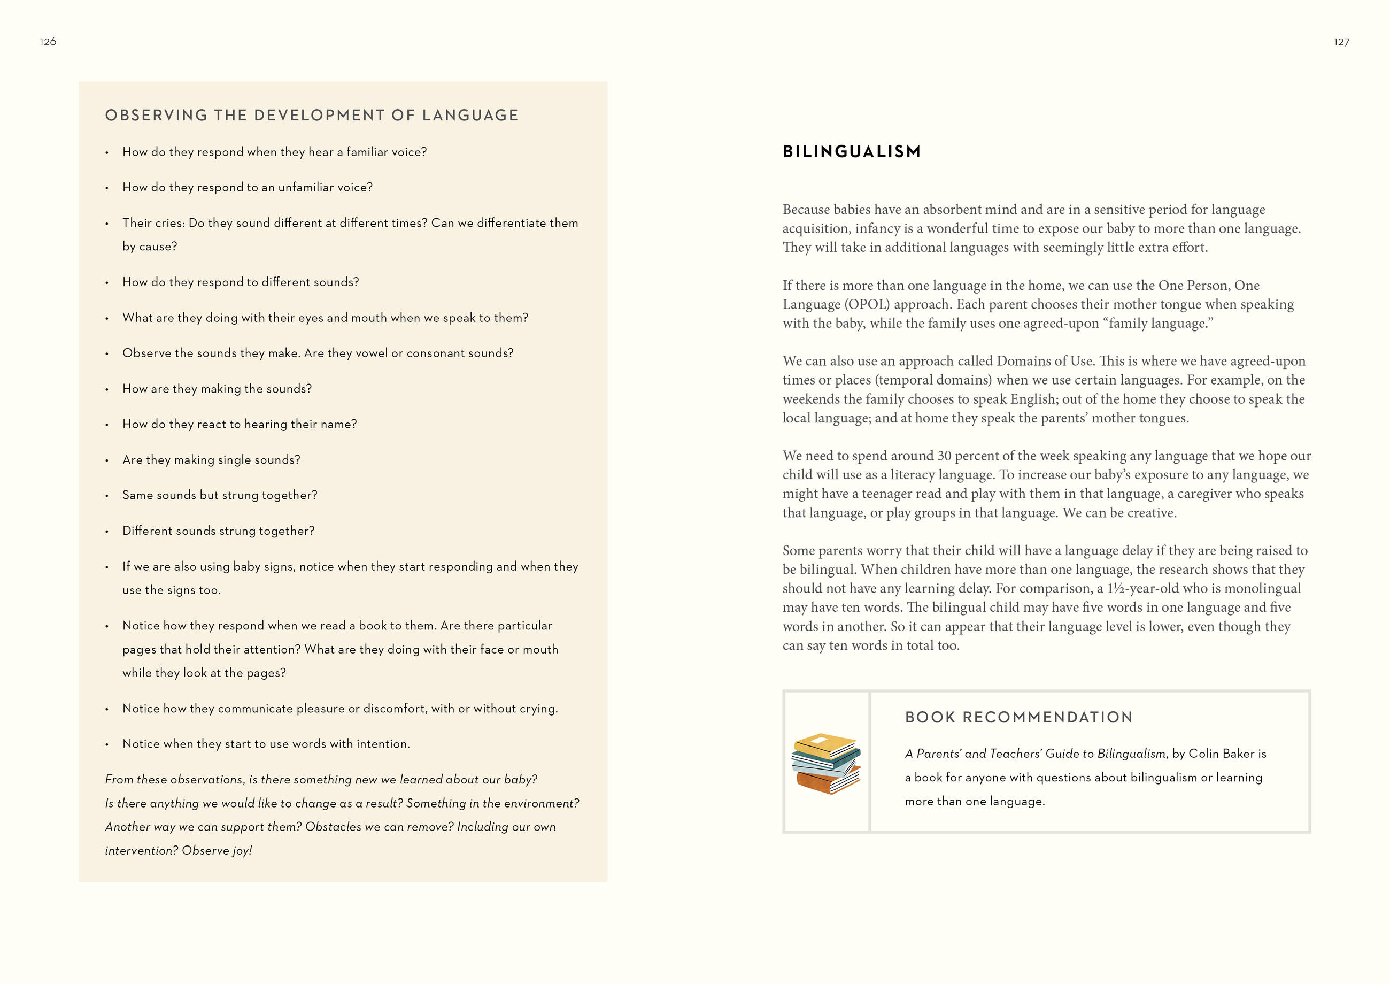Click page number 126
(48, 42)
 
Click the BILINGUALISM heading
(851, 151)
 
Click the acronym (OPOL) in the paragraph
(867, 304)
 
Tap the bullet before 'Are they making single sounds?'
(106, 460)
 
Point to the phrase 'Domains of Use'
(1045, 361)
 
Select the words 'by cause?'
(150, 247)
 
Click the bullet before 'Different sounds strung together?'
(106, 532)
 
